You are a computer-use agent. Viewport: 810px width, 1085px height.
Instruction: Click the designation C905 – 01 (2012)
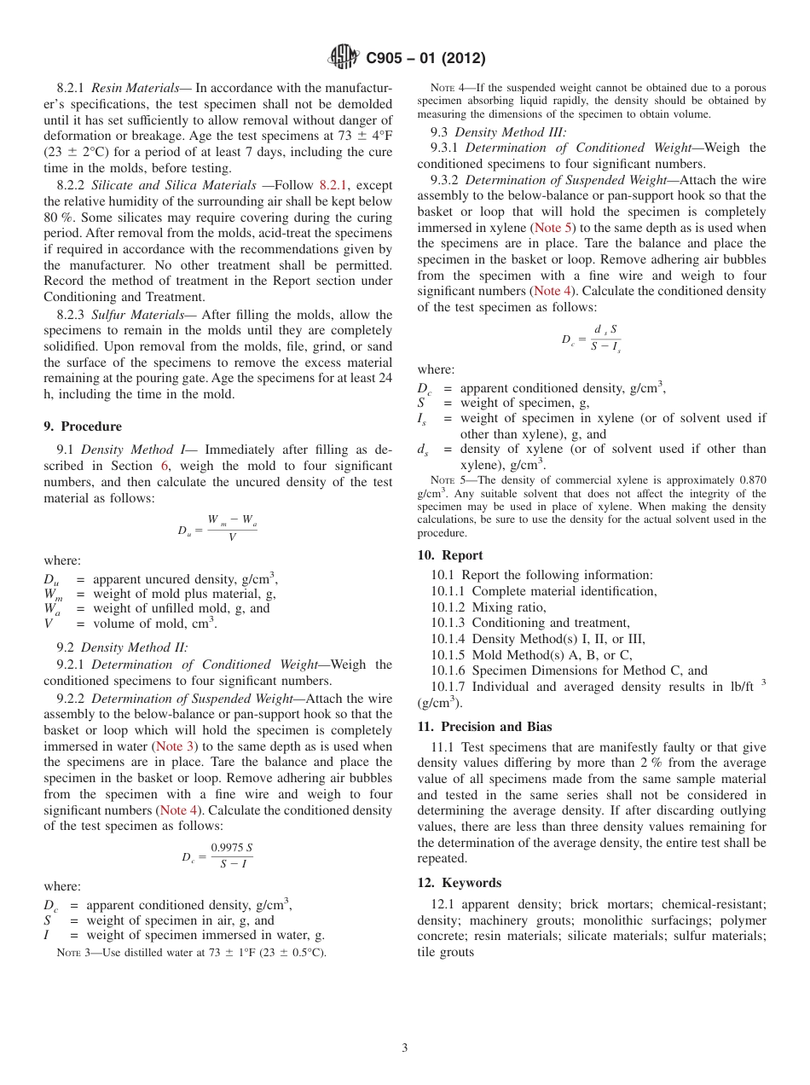[425, 59]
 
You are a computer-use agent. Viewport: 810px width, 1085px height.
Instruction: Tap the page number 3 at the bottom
[405, 1047]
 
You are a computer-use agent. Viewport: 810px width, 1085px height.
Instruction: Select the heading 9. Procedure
[83, 426]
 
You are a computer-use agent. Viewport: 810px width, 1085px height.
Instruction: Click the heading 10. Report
[450, 555]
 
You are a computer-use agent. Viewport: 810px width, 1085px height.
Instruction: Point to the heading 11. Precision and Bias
[484, 727]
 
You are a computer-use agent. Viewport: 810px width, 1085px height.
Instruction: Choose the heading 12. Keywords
[459, 883]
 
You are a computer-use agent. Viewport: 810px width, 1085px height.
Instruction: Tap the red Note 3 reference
[176, 746]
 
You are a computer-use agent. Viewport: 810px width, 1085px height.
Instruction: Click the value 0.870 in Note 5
[749, 480]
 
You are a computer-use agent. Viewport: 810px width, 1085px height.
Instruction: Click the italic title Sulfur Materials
[132, 315]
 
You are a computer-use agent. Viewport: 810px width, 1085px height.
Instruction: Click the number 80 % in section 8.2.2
[57, 218]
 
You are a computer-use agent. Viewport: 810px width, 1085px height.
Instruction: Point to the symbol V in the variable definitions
[49, 624]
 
